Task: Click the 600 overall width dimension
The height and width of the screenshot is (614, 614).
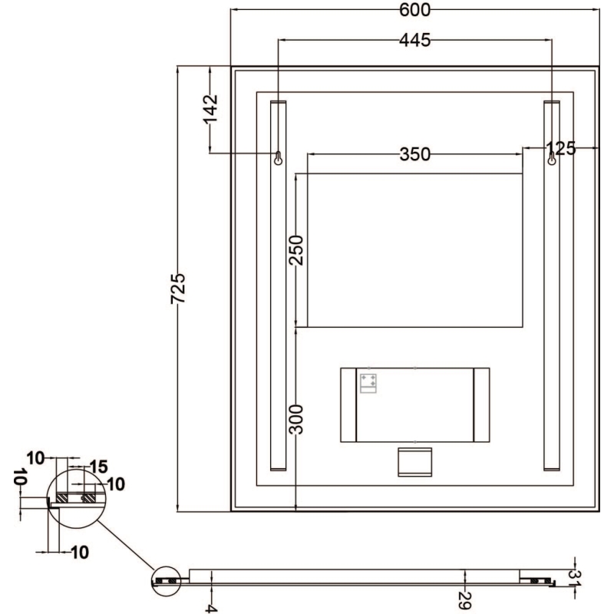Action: (x=414, y=10)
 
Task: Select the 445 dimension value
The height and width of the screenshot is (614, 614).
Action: (x=414, y=40)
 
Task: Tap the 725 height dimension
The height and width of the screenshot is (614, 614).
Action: (x=178, y=289)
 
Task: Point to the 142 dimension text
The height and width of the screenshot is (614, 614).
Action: (x=210, y=109)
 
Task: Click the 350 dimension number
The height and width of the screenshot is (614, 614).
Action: (x=414, y=154)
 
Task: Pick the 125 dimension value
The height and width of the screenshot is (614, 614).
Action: (x=561, y=148)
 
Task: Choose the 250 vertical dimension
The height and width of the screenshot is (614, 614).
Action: (x=296, y=250)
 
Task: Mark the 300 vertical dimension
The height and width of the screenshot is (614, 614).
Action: (x=296, y=420)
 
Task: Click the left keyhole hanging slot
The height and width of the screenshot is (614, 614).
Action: (x=278, y=158)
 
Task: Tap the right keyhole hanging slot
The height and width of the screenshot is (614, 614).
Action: (x=552, y=158)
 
